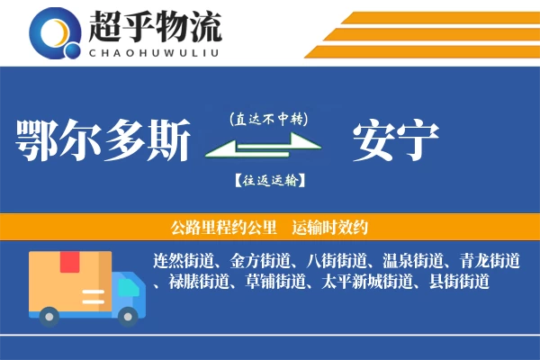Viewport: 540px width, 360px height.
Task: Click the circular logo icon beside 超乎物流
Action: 56,33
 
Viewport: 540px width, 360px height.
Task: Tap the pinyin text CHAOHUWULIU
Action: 155,49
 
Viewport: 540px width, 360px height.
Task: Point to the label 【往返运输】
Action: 268,180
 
